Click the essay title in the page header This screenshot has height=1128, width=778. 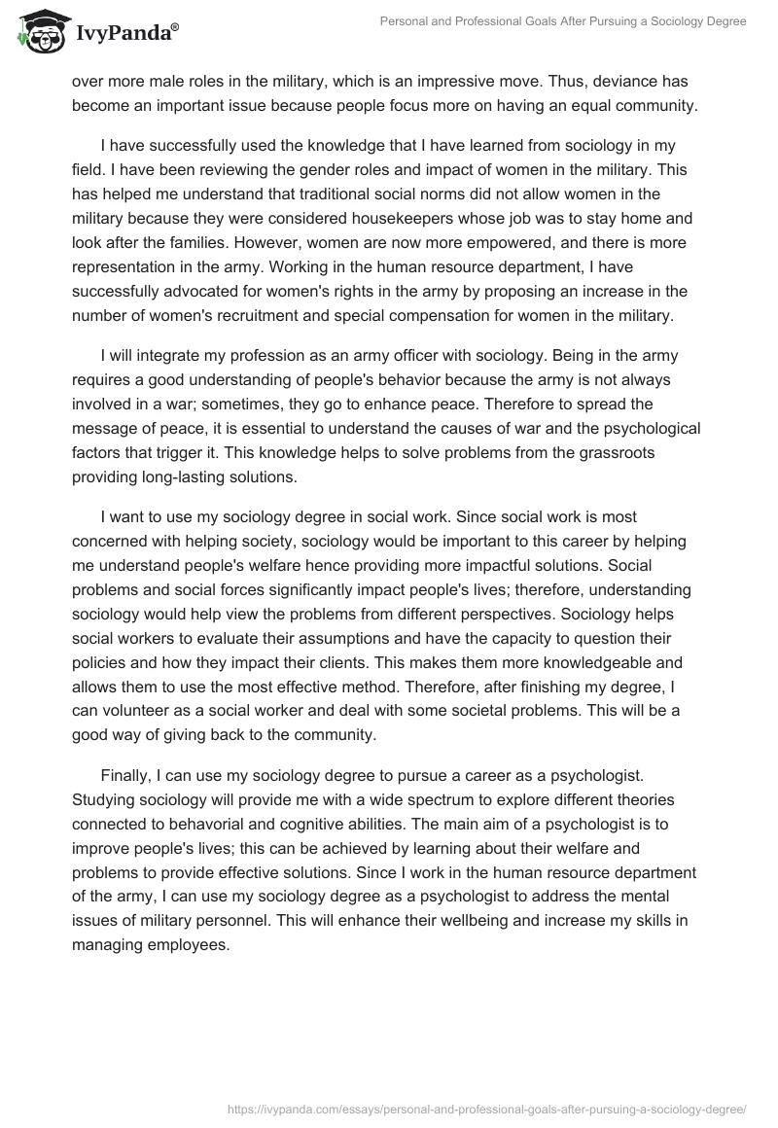565,21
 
